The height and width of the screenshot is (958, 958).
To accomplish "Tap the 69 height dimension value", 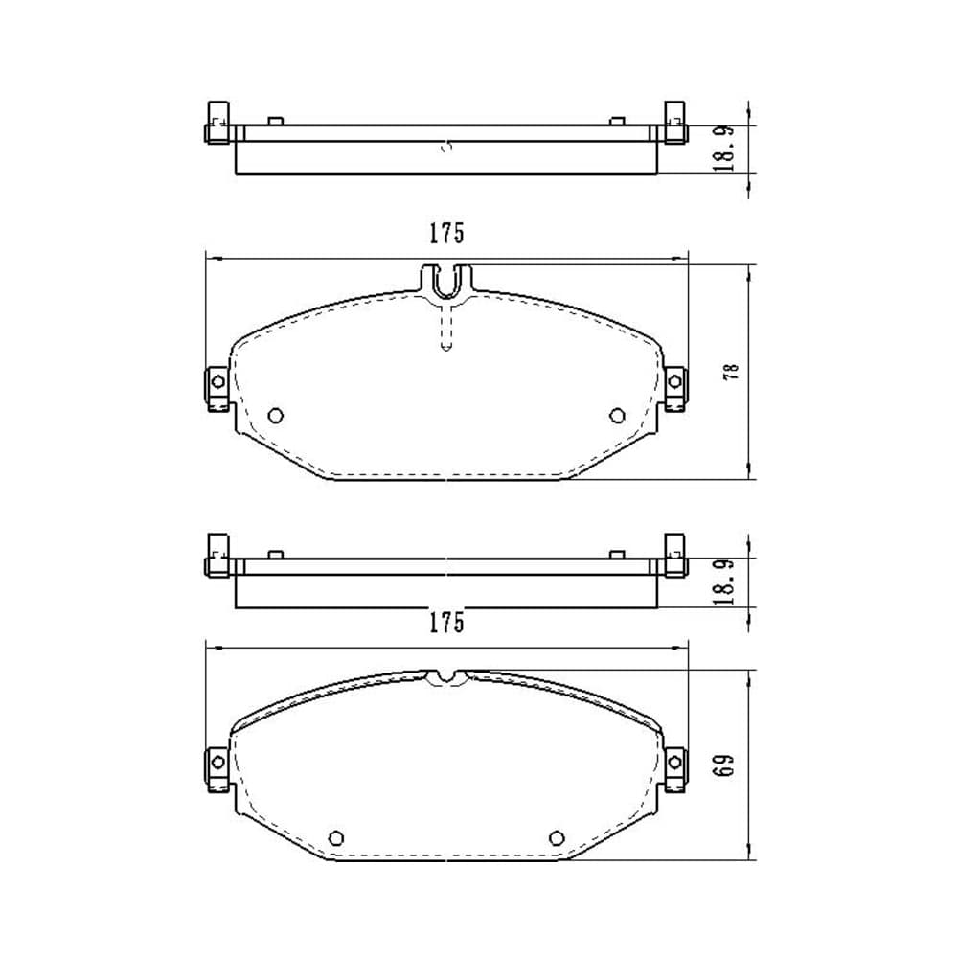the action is [724, 764].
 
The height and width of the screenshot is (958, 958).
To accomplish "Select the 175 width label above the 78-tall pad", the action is [446, 234].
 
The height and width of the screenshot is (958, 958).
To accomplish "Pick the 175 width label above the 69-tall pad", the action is [446, 623].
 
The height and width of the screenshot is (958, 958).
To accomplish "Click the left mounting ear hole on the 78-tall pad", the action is [217, 382].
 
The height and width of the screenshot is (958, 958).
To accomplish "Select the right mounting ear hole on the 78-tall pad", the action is [674, 382].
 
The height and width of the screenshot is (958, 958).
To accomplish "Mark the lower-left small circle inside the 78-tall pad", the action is [276, 416].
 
